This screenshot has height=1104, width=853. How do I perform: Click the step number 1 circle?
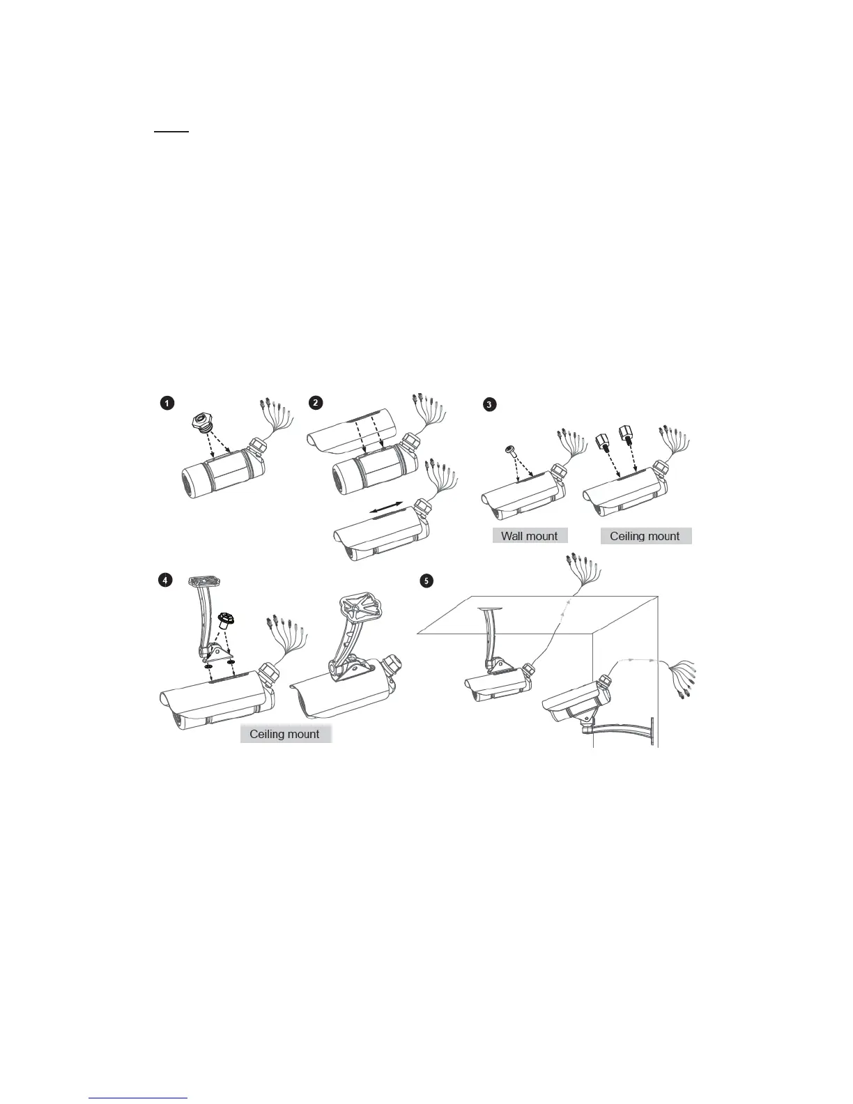(x=167, y=403)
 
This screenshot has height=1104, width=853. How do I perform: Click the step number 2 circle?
(x=316, y=403)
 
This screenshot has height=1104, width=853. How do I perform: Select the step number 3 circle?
(x=491, y=404)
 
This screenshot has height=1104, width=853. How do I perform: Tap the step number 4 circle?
(x=164, y=581)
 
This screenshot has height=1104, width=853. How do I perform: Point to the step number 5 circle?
(x=427, y=580)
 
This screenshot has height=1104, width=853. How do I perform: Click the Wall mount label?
(x=530, y=536)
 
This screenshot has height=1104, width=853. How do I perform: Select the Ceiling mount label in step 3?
(x=645, y=536)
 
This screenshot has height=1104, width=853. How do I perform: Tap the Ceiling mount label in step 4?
(x=285, y=734)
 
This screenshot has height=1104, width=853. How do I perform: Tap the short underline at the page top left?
(x=171, y=131)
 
